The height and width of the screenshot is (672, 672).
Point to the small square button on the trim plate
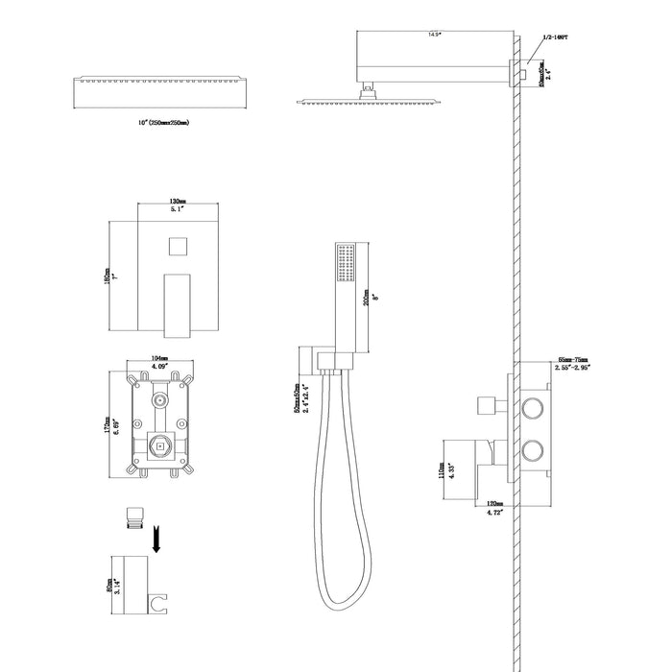click(175, 246)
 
